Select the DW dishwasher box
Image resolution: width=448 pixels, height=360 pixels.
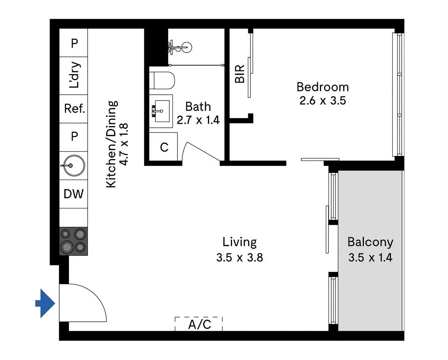click(73, 193)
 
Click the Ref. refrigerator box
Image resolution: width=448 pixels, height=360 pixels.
click(74, 109)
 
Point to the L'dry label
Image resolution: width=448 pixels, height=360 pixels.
click(74, 75)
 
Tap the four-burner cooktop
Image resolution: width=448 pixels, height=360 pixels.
click(73, 241)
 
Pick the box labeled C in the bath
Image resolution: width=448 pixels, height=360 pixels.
click(164, 147)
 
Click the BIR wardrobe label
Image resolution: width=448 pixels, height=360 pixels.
click(240, 74)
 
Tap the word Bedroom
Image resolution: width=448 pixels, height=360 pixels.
click(322, 86)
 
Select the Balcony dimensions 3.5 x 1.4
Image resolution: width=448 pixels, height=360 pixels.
click(370, 258)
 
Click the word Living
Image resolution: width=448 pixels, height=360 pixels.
click(239, 242)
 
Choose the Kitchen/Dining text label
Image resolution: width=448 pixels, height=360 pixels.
click(112, 144)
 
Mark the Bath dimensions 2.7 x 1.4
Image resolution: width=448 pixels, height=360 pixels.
click(198, 120)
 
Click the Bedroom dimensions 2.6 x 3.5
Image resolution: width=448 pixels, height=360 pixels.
click(322, 101)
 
